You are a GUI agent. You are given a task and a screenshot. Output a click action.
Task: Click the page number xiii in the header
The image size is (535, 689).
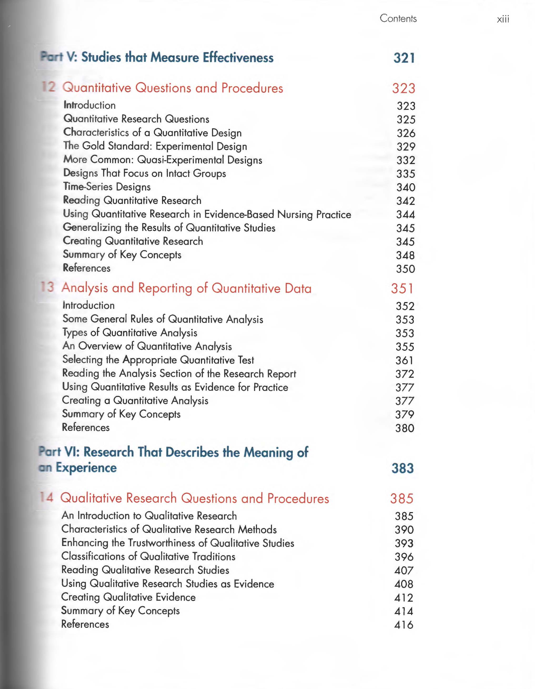coord(503,19)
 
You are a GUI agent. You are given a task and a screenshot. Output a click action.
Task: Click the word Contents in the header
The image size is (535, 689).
coord(398,18)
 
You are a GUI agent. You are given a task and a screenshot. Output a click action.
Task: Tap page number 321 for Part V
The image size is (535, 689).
coord(404,58)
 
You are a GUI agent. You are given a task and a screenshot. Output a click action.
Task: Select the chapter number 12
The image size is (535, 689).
coord(49,87)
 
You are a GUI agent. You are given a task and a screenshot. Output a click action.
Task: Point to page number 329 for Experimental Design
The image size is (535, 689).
coord(406,147)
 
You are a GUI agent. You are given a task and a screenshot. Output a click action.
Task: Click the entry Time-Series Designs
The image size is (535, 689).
coord(107,187)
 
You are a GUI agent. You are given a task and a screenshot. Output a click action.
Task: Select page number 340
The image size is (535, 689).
coord(406,187)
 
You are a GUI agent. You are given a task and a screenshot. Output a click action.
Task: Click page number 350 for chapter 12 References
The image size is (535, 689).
coord(405,269)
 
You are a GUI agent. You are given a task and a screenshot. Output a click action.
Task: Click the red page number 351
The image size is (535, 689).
coord(402,288)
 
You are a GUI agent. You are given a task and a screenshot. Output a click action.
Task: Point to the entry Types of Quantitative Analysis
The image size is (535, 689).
coord(130,333)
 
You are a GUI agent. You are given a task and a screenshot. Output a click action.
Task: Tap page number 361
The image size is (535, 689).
coord(404,360)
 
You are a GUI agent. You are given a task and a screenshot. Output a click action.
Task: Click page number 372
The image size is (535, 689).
coord(404,374)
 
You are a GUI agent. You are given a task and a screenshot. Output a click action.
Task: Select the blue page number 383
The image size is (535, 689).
coord(402,468)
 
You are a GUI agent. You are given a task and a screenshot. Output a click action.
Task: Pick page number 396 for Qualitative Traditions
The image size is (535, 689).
coord(404,557)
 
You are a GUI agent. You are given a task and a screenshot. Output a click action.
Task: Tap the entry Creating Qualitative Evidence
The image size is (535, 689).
coord(128,597)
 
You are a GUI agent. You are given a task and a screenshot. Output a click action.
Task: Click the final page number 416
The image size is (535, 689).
coord(403,625)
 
